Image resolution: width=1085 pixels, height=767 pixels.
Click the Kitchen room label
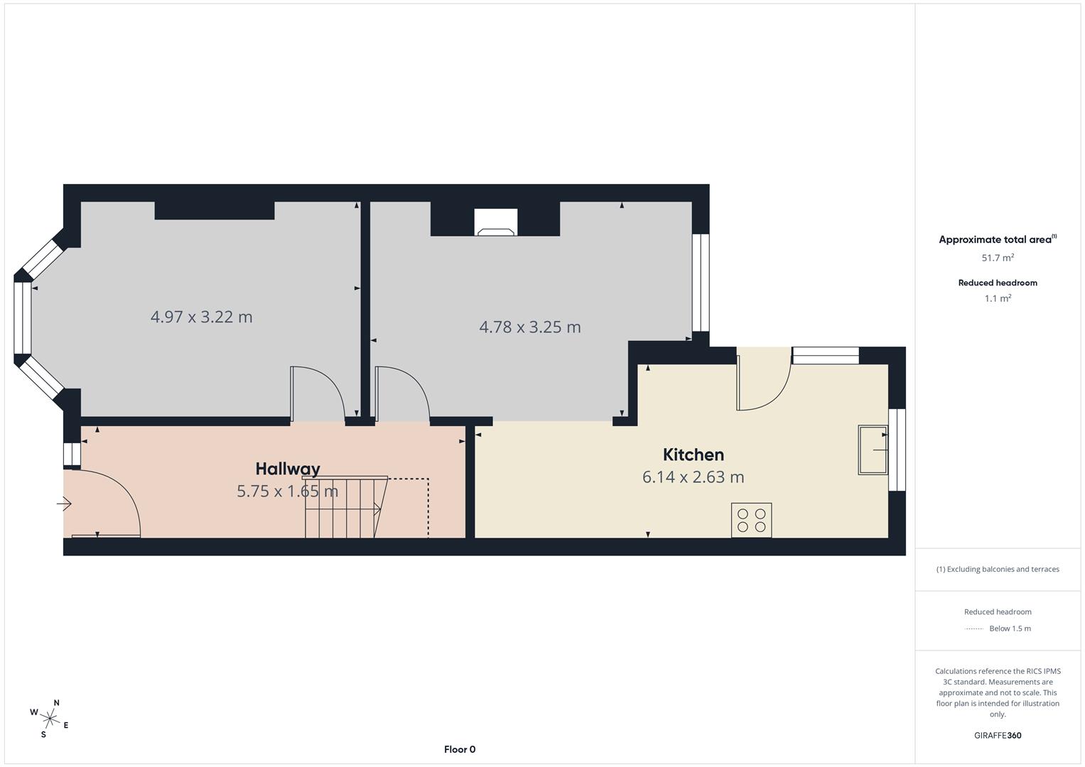coord(693,455)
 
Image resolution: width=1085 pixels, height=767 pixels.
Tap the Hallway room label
coord(288,469)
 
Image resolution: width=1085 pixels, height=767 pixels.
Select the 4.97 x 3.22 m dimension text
coord(201,317)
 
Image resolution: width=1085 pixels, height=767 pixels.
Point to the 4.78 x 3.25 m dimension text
coord(530,327)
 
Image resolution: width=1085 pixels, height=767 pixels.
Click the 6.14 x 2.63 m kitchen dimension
coord(693,477)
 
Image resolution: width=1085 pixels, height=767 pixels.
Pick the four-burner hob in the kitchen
coord(751,520)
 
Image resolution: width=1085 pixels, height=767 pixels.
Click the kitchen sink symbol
coord(873,450)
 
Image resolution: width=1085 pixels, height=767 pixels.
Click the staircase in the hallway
coord(345,507)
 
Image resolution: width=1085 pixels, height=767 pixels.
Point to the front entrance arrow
coord(64,504)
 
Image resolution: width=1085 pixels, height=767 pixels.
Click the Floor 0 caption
coord(460,749)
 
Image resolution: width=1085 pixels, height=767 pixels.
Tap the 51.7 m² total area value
coord(998,258)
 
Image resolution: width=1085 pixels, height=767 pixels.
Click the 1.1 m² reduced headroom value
coord(998,298)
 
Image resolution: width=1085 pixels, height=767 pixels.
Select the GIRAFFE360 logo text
coord(998,735)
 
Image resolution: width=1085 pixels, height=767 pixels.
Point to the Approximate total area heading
coord(996,240)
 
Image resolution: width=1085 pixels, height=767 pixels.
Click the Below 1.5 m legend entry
coord(1009,629)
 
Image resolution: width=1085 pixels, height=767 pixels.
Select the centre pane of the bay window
coord(23,317)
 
